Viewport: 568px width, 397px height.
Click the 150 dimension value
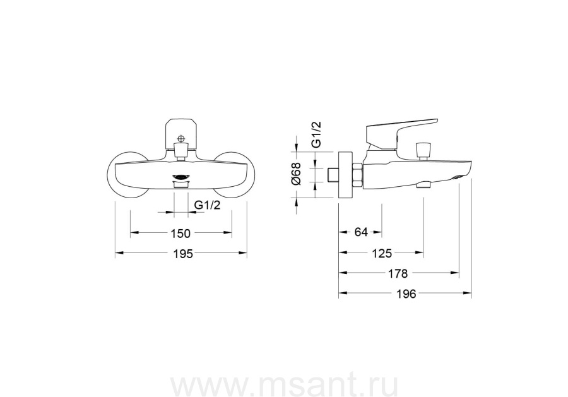(x=180, y=234)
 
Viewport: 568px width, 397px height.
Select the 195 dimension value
(x=182, y=254)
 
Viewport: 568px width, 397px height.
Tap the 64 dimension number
(x=361, y=232)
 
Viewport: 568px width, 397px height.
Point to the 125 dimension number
(x=382, y=253)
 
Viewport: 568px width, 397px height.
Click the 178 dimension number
(x=398, y=273)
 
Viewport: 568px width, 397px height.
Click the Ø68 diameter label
(x=297, y=174)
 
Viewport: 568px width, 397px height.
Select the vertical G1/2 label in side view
(x=316, y=134)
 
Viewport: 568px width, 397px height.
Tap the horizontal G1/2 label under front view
(x=208, y=205)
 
